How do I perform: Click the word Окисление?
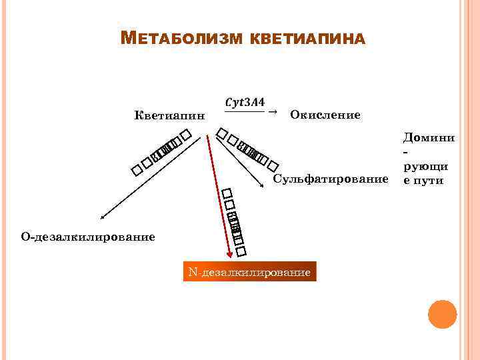pyautogui.click(x=325, y=115)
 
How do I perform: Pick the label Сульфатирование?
pyautogui.click(x=331, y=179)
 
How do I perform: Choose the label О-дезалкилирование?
pyautogui.click(x=88, y=237)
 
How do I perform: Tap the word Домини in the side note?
pyautogui.click(x=429, y=137)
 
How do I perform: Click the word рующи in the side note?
pyautogui.click(x=429, y=166)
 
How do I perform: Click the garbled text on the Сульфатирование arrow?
pyautogui.click(x=247, y=151)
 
